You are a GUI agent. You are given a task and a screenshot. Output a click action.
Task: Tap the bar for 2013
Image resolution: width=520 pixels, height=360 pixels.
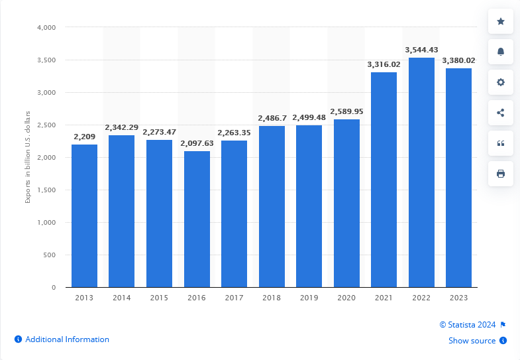pos(84,215)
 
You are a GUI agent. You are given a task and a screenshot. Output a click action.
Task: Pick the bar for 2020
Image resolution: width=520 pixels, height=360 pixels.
pos(346,203)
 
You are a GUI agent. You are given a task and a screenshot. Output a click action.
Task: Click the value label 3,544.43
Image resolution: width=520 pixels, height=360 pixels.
pos(421,50)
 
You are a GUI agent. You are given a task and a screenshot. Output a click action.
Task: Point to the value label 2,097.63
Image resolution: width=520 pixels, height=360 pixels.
pos(197,143)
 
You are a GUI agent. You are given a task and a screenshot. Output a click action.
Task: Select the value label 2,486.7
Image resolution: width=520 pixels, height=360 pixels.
pos(272,117)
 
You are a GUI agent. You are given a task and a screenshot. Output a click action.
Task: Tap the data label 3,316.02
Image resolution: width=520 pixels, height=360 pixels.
pos(384,64)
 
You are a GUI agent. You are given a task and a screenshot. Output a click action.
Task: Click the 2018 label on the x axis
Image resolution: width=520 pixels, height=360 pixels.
pos(272,298)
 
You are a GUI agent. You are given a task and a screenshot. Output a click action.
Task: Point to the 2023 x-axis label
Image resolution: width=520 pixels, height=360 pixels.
pos(458,298)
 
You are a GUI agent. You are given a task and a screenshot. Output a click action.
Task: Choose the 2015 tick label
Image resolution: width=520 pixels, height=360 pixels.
pos(159,298)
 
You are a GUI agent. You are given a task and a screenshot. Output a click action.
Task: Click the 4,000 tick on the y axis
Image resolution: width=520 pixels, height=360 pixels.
pos(46,28)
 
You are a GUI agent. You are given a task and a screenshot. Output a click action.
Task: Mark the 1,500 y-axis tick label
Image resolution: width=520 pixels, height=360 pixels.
pos(46,190)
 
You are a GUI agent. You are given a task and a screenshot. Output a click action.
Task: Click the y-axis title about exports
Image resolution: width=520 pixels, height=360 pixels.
pos(28,158)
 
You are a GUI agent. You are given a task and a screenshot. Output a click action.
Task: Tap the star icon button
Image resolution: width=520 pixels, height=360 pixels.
pos(501,22)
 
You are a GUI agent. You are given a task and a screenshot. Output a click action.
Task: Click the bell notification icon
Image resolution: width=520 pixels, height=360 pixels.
pos(501,52)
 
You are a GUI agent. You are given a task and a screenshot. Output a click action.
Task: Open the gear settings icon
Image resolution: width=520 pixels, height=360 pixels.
pos(501,82)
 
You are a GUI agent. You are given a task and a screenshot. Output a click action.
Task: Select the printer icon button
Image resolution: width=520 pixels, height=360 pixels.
pos(501,174)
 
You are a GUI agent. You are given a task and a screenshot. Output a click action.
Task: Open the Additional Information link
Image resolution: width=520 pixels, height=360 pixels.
pos(67,339)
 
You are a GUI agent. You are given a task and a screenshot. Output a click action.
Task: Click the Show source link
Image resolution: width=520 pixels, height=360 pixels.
pos(472,341)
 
